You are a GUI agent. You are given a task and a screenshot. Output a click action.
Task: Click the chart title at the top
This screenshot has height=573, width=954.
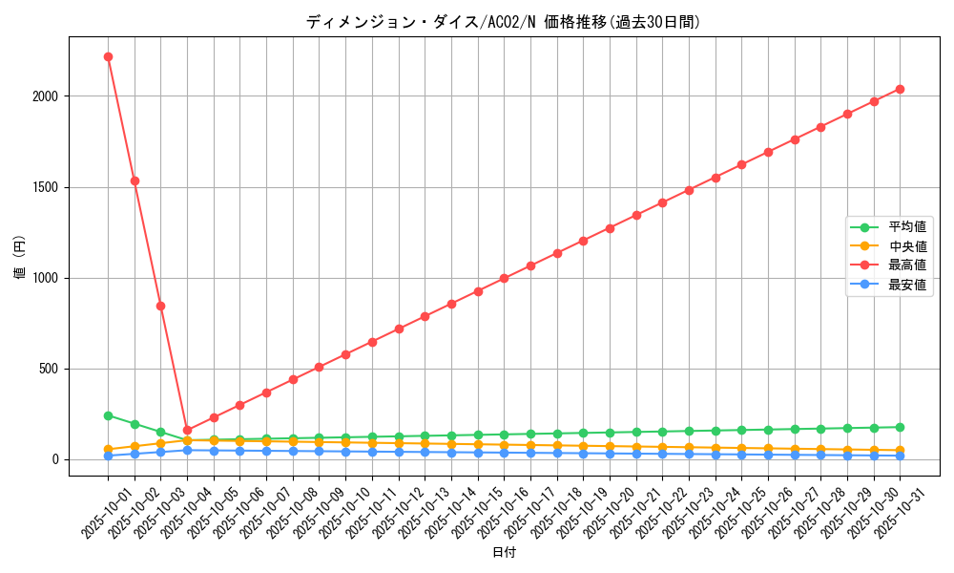503,22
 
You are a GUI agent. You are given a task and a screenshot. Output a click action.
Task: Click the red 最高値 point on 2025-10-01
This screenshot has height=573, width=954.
108,56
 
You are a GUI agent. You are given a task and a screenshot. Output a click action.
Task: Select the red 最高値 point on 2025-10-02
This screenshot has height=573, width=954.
135,180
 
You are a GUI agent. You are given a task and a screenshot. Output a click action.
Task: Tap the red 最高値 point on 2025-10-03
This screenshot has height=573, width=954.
160,306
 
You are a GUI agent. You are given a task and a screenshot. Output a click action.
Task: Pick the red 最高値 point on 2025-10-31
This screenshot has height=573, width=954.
900,89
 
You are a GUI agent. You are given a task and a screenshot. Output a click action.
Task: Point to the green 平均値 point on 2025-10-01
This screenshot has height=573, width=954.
108,415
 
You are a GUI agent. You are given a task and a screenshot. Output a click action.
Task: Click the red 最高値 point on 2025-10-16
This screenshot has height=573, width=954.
504,279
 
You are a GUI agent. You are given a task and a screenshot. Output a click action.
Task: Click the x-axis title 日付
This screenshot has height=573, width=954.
504,553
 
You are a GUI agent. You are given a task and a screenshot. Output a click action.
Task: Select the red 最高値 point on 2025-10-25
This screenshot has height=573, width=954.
741,164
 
